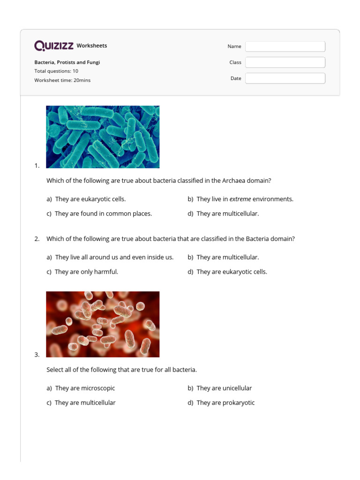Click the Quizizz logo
pyautogui.click(x=54, y=45)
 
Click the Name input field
pyautogui.click(x=285, y=46)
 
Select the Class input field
pyautogui.click(x=285, y=62)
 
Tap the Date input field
pyautogui.click(x=285, y=78)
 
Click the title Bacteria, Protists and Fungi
pyautogui.click(x=67, y=62)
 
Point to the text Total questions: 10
pyautogui.click(x=56, y=71)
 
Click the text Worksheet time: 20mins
pyautogui.click(x=62, y=80)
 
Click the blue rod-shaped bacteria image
pyautogui.click(x=103, y=136)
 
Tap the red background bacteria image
pyautogui.click(x=103, y=324)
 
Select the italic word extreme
pyautogui.click(x=240, y=199)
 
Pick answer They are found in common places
pyautogui.click(x=103, y=214)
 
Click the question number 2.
pyautogui.click(x=37, y=239)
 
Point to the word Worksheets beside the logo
pyautogui.click(x=92, y=46)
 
